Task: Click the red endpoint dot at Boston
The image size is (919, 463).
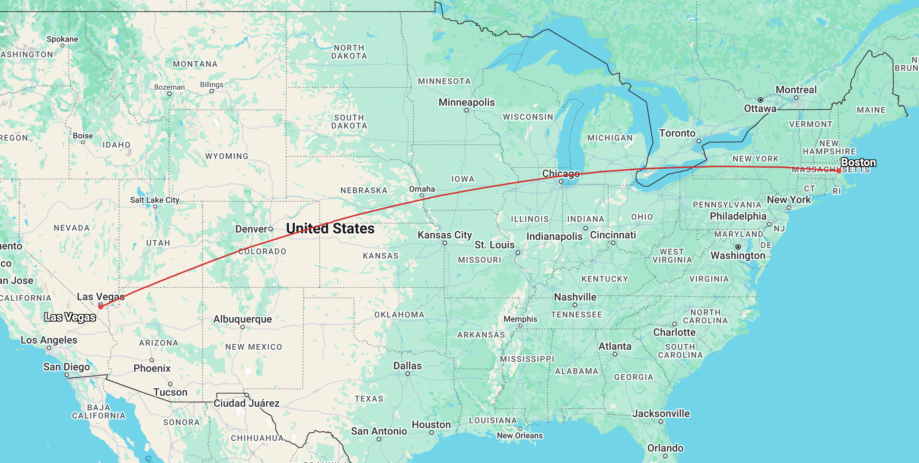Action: tap(838, 171)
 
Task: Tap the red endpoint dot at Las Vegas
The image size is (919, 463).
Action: tap(101, 306)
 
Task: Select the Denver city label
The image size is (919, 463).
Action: tap(251, 229)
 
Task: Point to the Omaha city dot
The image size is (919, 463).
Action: tap(422, 195)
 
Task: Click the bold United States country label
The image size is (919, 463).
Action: tap(330, 229)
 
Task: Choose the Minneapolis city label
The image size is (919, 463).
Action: tap(466, 102)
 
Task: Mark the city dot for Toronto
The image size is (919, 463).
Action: tap(699, 141)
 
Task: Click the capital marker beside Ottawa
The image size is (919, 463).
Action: tap(760, 100)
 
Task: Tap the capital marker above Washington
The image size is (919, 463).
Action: tap(738, 247)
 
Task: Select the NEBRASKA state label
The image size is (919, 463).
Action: tap(364, 190)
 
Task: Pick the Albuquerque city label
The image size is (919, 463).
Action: tap(243, 319)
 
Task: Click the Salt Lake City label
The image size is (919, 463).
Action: tap(155, 200)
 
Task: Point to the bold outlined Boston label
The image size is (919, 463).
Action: tap(858, 162)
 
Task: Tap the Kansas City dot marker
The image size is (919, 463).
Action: tap(445, 243)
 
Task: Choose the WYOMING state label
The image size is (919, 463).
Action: tap(227, 156)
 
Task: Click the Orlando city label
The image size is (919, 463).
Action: tap(665, 448)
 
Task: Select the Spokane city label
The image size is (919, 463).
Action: tap(62, 39)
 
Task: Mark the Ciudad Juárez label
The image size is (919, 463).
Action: tap(247, 403)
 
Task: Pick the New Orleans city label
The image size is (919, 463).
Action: tap(520, 435)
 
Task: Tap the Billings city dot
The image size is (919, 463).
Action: tap(212, 91)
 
